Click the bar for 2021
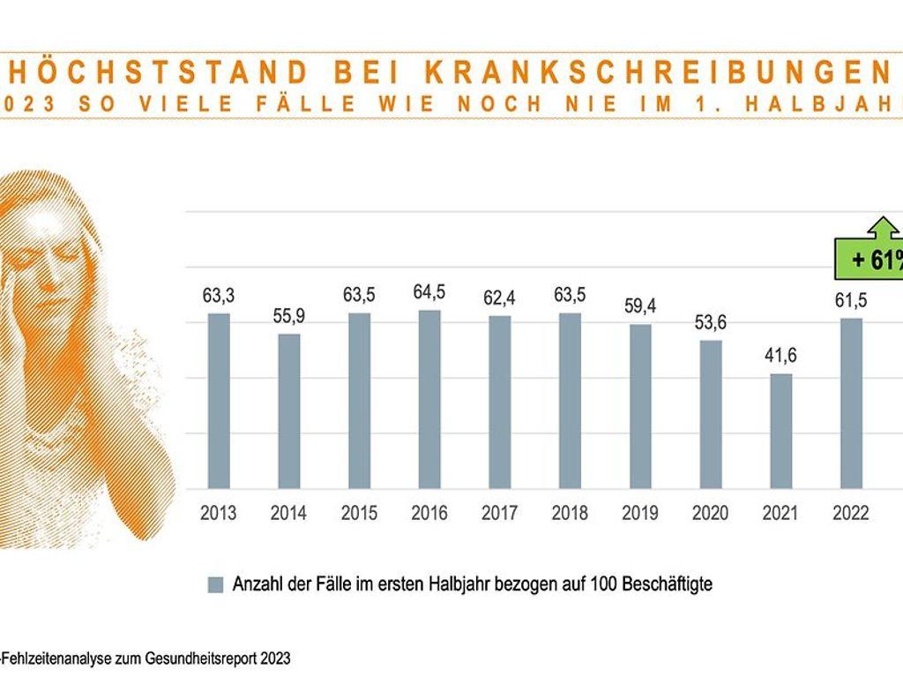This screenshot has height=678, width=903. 780,430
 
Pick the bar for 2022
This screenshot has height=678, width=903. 851,403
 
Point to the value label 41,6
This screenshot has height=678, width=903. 780,356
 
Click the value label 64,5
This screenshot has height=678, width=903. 429,292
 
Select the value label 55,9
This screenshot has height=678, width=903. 289,315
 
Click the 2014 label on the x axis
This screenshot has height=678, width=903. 289,513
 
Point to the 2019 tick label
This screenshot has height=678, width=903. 640,513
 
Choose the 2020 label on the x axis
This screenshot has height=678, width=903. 711,513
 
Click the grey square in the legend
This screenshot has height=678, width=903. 215,584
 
